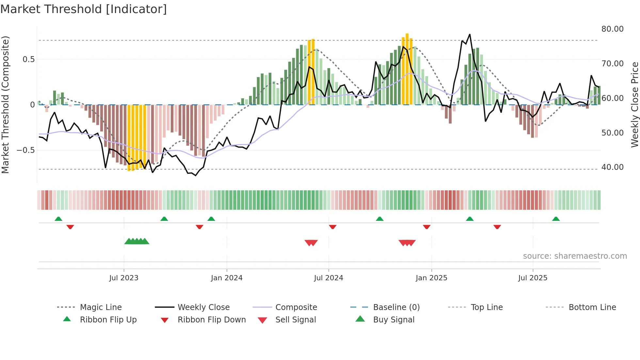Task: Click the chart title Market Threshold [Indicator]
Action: tap(84, 9)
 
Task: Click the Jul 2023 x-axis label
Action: tap(124, 278)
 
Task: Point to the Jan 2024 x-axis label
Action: tap(227, 278)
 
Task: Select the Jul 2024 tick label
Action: tap(328, 278)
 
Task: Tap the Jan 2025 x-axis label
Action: tap(431, 278)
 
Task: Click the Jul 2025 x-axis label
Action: tap(533, 278)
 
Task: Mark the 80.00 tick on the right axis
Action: tap(612, 29)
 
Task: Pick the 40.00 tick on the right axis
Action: tap(612, 167)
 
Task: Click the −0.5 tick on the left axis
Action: tap(26, 150)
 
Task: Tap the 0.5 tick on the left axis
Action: tap(28, 59)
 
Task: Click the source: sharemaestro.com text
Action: tap(575, 256)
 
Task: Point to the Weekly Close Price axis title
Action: tap(634, 105)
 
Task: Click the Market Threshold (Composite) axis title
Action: tap(5, 105)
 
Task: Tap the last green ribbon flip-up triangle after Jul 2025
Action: tap(556, 219)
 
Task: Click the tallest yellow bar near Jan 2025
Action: tap(407, 69)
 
